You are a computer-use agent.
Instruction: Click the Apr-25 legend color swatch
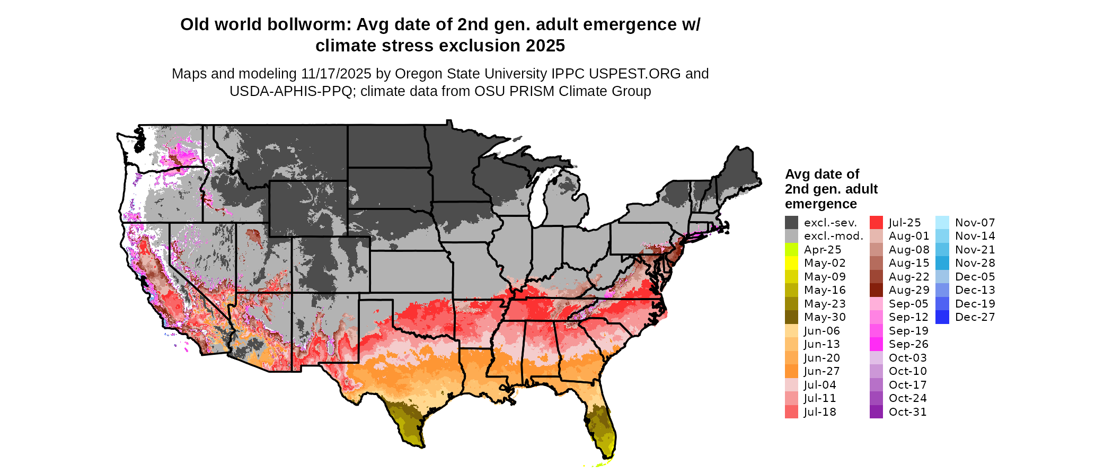(791, 250)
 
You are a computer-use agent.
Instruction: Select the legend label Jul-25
(905, 223)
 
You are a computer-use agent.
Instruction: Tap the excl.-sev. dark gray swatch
(791, 223)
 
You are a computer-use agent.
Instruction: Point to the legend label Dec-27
(975, 317)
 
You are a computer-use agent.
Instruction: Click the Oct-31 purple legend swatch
(876, 412)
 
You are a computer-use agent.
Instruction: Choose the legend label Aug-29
(909, 290)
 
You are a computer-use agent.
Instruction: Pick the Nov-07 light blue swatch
(942, 223)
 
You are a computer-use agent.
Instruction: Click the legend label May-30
(825, 317)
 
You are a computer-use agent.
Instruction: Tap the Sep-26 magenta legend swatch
(876, 344)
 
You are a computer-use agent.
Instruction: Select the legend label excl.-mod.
(833, 236)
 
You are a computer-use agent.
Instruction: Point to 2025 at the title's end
(545, 46)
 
